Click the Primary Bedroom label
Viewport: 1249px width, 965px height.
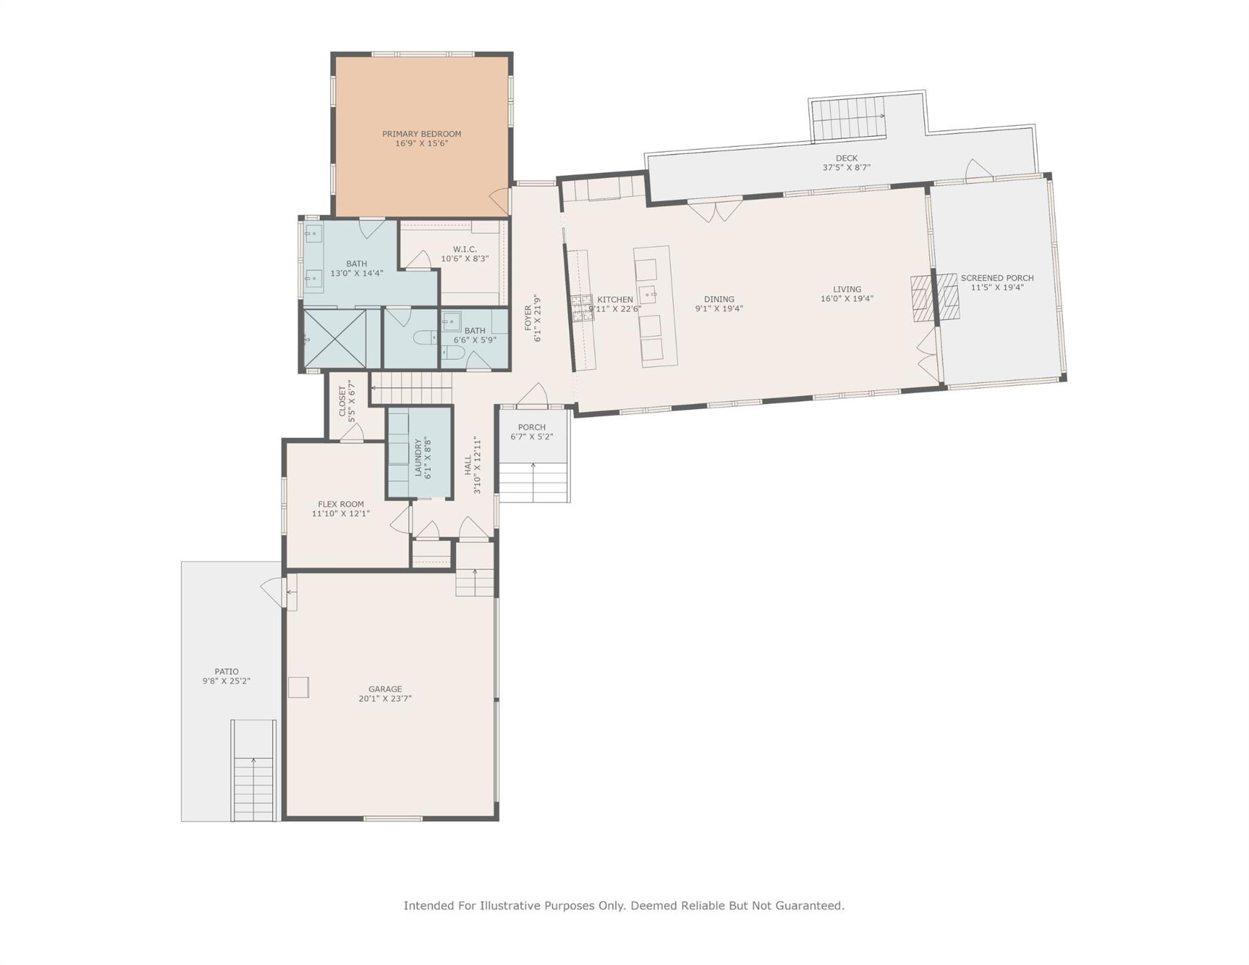[422, 134]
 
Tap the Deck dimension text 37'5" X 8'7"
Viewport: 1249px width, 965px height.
[846, 168]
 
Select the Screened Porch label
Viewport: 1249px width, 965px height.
[997, 278]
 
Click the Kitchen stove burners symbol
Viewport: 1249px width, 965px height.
[582, 308]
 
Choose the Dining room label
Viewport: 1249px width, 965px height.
[719, 300]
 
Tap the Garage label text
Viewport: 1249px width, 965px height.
[385, 689]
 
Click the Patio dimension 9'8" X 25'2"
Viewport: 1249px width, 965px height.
[226, 681]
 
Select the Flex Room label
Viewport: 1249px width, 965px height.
[341, 504]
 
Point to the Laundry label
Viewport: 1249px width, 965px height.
[418, 457]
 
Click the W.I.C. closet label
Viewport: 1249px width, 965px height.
[465, 249]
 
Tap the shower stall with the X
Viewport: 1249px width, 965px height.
[335, 339]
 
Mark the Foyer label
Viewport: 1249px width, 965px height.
[528, 318]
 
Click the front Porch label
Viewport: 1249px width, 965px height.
[532, 427]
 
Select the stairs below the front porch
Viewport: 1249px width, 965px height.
[533, 482]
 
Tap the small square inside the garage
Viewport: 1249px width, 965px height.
[298, 687]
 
